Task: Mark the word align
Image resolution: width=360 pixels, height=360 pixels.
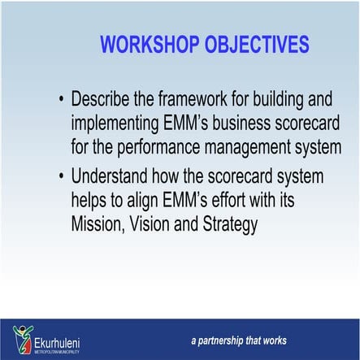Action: pos(143,200)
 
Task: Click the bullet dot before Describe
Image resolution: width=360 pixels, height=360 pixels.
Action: pos(62,101)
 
